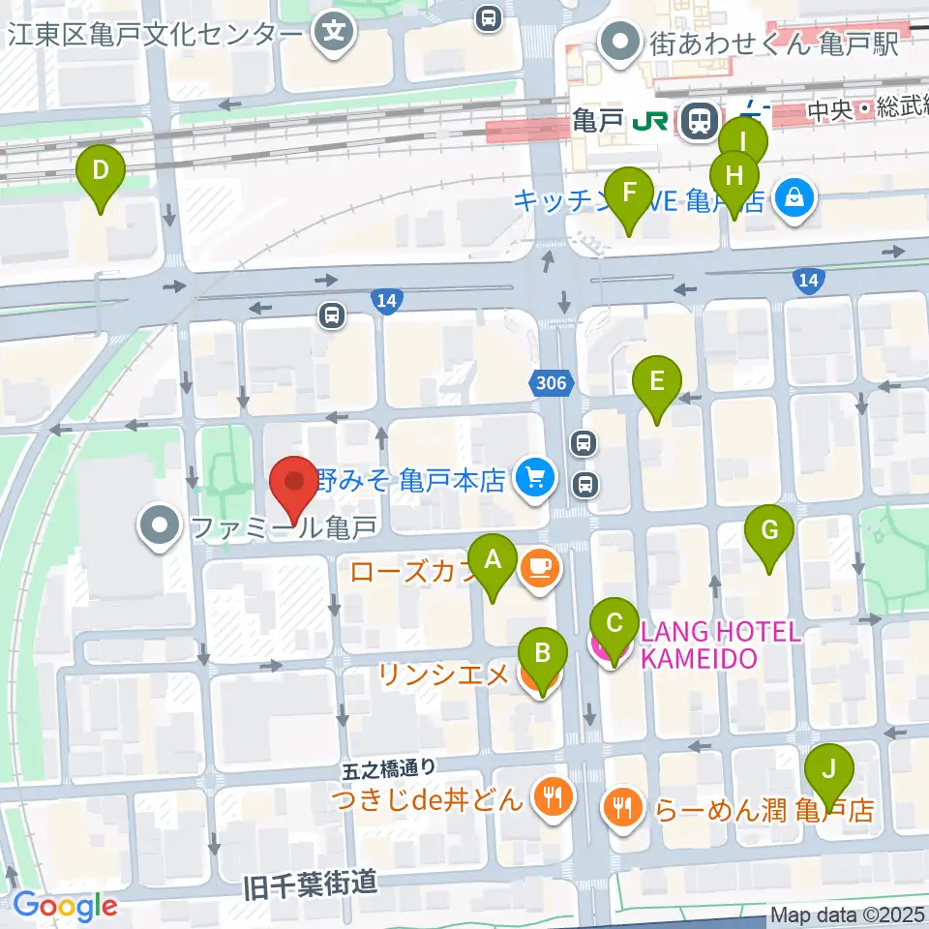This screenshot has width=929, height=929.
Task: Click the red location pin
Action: pyautogui.click(x=293, y=488)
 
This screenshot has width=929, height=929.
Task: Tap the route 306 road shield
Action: pyautogui.click(x=550, y=384)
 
